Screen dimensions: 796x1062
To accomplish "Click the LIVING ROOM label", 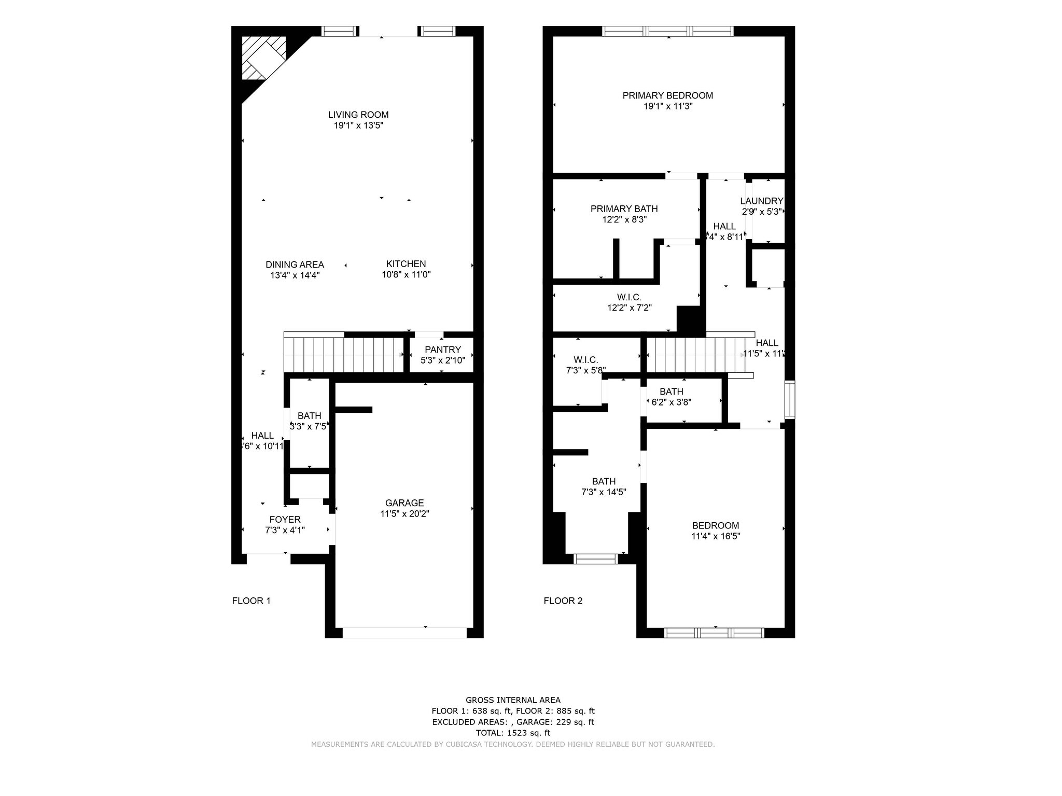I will (x=358, y=115).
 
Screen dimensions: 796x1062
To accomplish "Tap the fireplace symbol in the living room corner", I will (x=263, y=58).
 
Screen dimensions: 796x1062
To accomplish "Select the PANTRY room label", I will (x=442, y=350).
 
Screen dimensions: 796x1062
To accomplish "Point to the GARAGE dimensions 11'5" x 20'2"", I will (x=404, y=514).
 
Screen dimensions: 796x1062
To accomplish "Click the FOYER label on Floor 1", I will (x=285, y=520).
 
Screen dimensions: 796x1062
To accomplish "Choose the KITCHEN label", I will (x=406, y=264).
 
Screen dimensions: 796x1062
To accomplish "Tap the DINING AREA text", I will (x=295, y=264).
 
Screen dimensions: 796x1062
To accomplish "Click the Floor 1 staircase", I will (x=343, y=355).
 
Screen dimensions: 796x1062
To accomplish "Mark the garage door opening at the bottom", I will (x=404, y=633).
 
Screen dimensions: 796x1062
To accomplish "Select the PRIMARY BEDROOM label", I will (x=667, y=95).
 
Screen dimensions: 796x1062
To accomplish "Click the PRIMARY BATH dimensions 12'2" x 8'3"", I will (x=624, y=220).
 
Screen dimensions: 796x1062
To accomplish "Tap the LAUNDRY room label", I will (x=761, y=201).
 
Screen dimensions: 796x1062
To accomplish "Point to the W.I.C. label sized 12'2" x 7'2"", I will (x=629, y=297).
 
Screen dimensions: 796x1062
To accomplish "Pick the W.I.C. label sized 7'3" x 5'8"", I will (x=585, y=360).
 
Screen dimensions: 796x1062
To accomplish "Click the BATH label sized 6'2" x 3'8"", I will (x=671, y=392).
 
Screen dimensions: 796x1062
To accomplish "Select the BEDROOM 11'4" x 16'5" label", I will (x=715, y=525).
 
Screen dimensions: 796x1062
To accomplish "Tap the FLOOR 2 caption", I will (x=563, y=601).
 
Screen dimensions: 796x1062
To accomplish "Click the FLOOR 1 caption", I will (x=251, y=601).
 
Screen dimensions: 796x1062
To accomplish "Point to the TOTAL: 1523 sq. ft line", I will (x=513, y=733).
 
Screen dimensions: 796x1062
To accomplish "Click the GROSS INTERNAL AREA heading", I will (x=513, y=700).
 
